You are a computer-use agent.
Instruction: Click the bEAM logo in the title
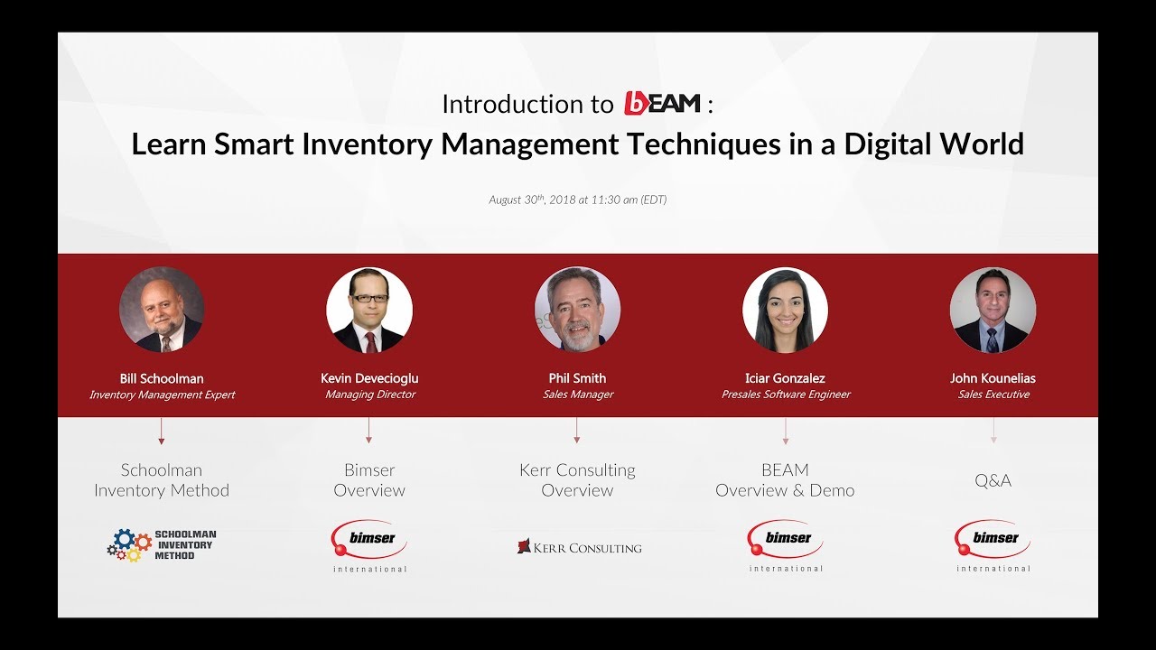[x=662, y=104]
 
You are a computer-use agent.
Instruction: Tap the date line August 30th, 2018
[x=577, y=200]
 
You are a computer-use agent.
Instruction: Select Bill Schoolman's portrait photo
[x=162, y=310]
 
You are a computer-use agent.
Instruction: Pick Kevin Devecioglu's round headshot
[x=369, y=310]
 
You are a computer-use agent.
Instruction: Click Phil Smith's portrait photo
[x=577, y=310]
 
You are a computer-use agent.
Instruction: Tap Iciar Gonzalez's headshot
[x=785, y=310]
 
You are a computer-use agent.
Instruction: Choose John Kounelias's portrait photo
[x=993, y=310]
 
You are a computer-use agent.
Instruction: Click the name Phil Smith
[x=577, y=378]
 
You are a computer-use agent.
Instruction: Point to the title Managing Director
[x=370, y=395]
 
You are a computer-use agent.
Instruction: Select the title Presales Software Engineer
[x=786, y=395]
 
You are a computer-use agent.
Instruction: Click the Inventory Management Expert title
[x=162, y=395]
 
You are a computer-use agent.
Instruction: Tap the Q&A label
[x=993, y=480]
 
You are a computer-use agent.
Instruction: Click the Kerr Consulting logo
[x=579, y=547]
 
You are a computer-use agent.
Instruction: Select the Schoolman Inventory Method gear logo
[x=162, y=544]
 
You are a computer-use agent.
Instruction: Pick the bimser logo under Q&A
[x=993, y=542]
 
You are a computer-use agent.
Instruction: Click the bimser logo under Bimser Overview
[x=369, y=542]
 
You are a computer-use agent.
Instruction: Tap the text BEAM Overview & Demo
[x=785, y=480]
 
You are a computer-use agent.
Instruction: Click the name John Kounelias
[x=993, y=378]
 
